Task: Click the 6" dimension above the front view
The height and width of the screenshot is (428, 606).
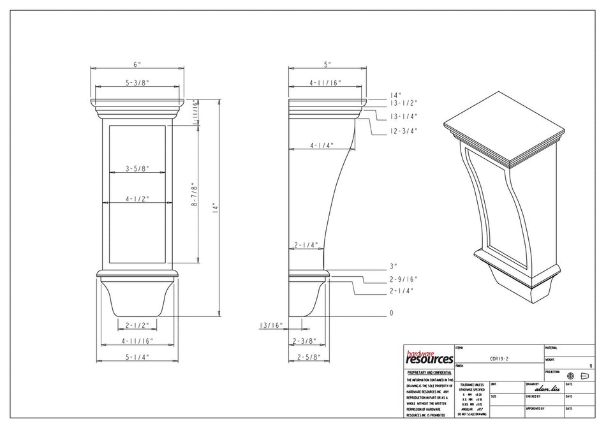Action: [x=137, y=64]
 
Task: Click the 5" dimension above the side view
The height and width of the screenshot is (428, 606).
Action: [x=328, y=64]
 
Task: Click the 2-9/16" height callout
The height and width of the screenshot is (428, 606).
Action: [x=403, y=279]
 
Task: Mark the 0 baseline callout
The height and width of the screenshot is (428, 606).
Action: [x=392, y=313]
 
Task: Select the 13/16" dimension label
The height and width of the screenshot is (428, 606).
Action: [x=271, y=325]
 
